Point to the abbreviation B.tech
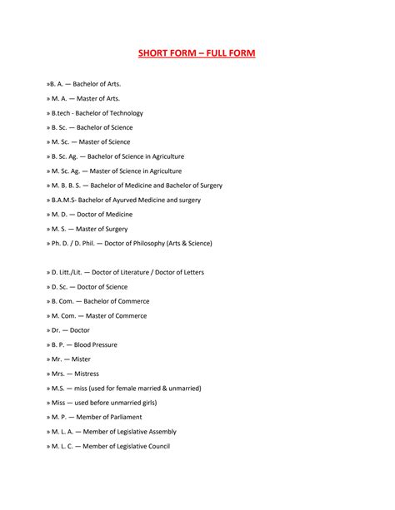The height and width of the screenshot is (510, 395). point(63,113)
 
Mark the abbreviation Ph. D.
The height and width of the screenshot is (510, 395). point(63,243)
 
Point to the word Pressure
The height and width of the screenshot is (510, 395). point(104,344)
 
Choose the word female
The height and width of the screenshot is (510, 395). point(130,388)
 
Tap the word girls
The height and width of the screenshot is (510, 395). point(145,403)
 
